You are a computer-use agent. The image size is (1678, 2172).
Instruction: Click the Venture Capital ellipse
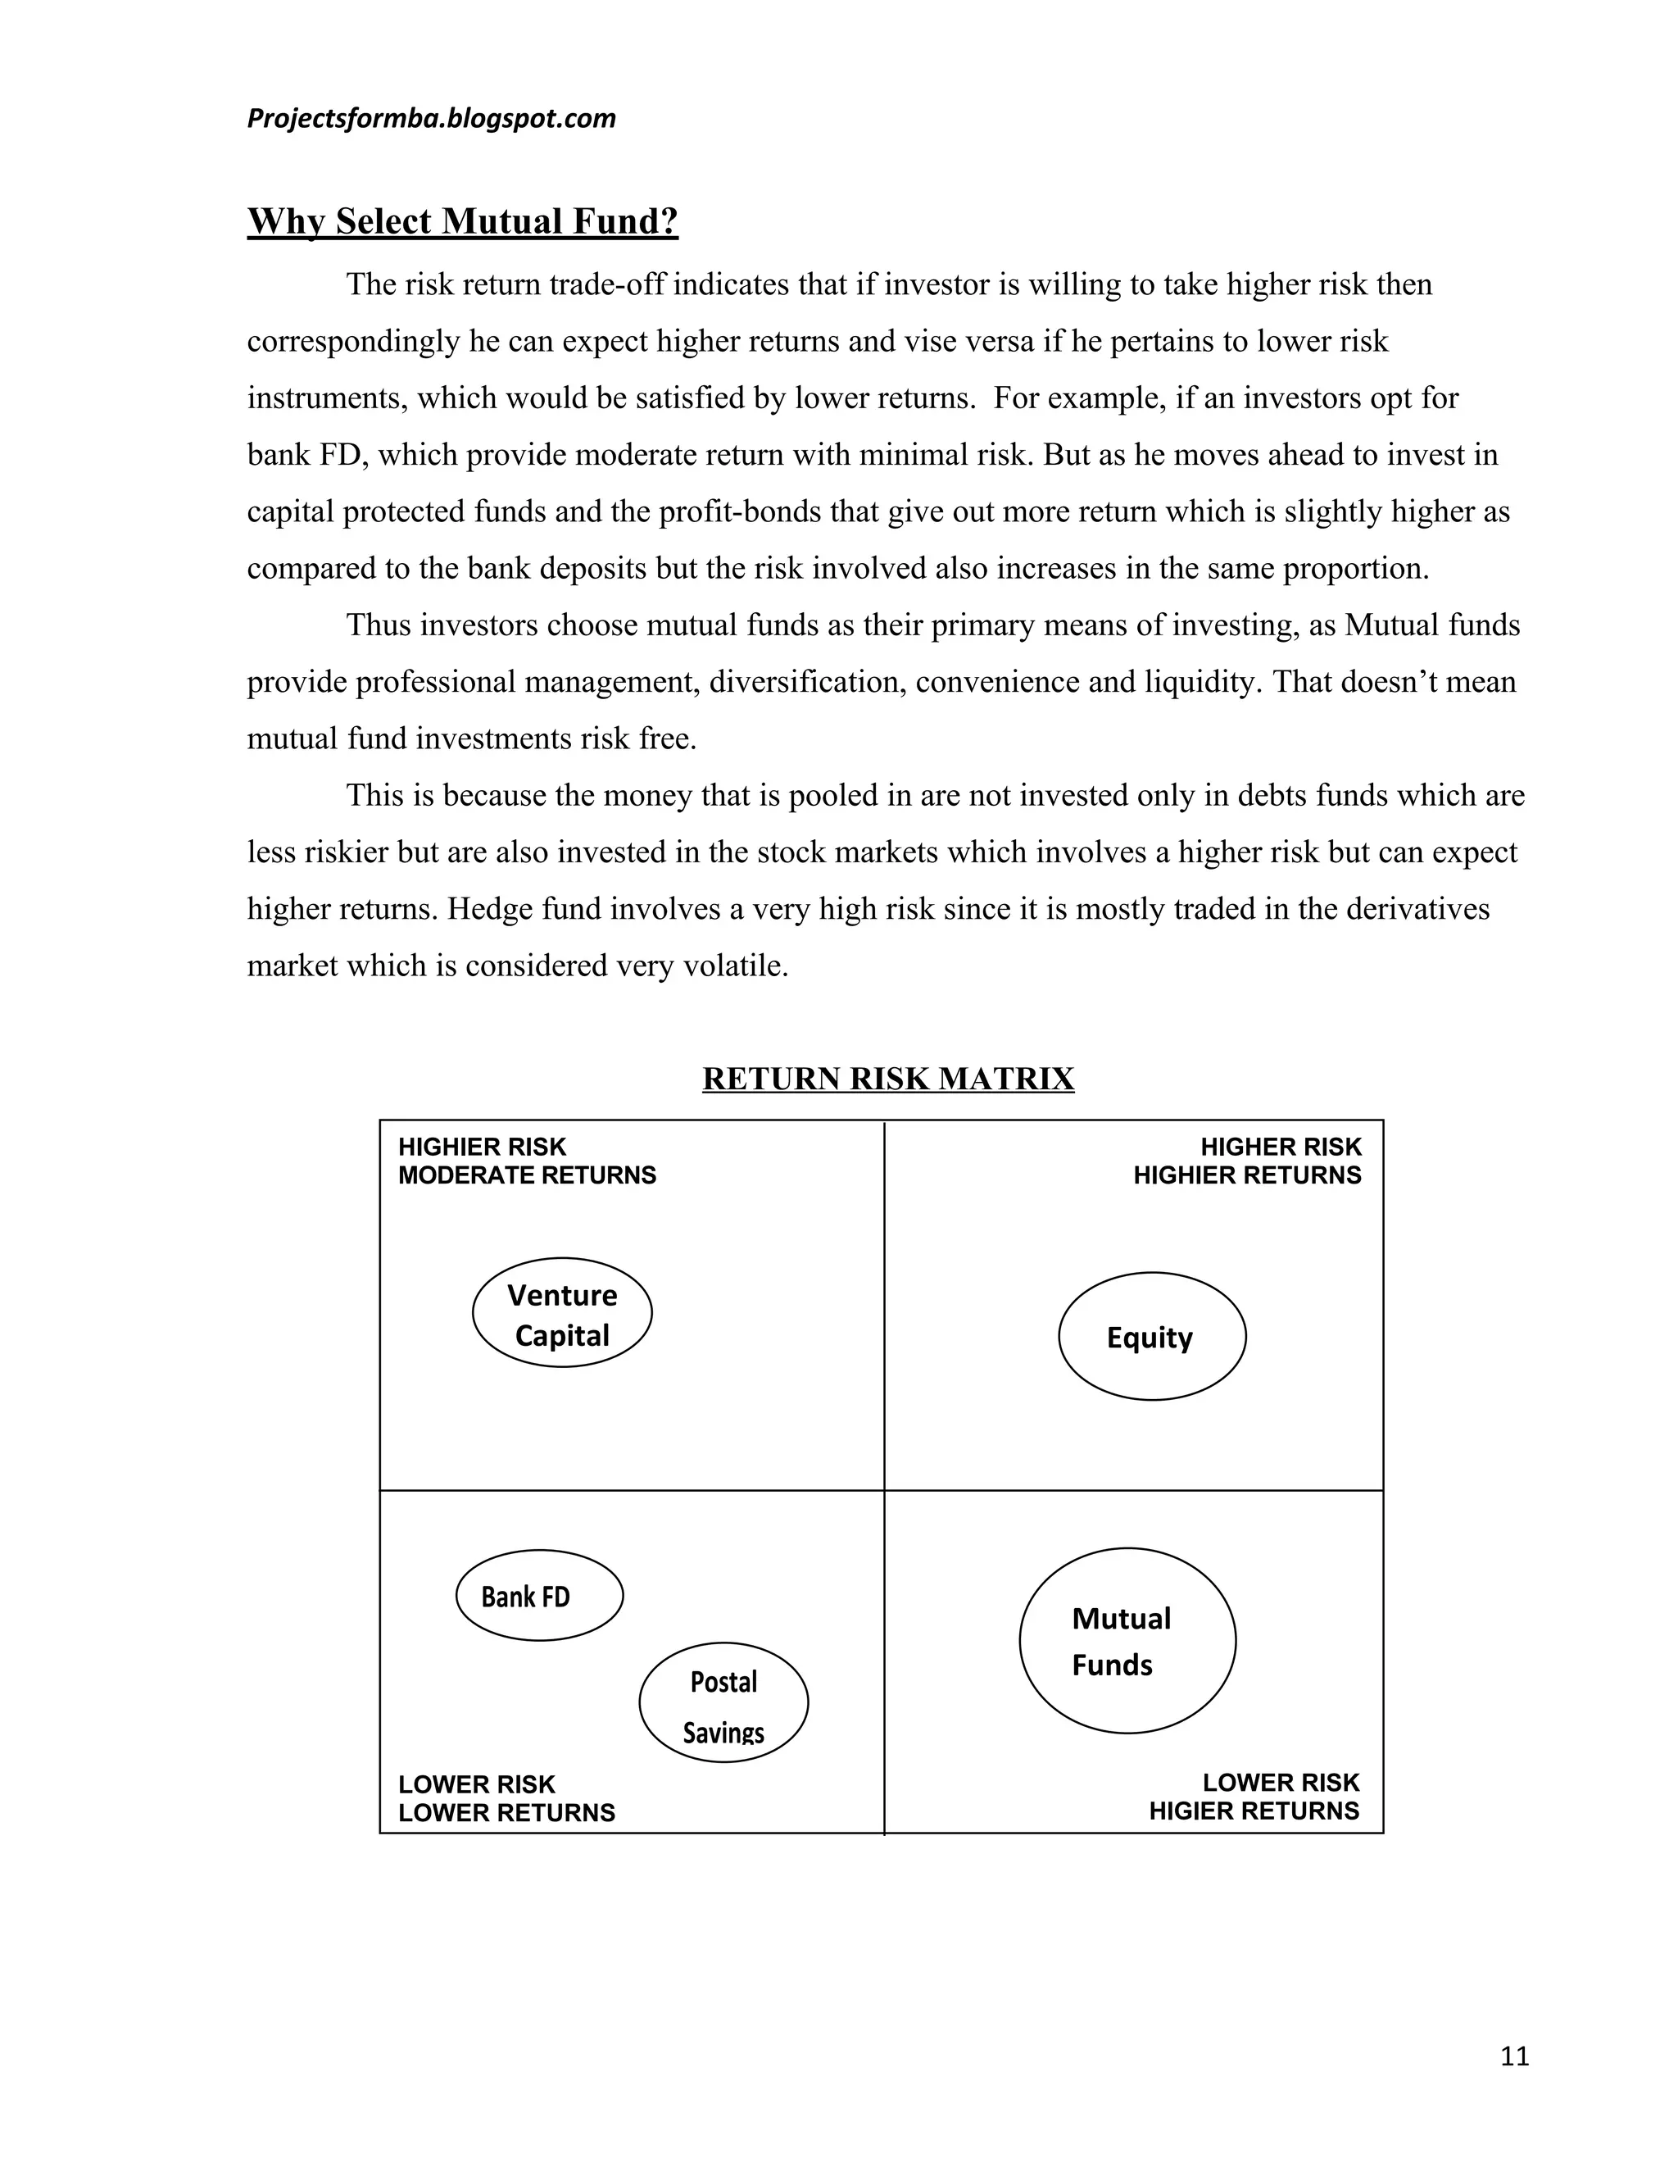561,1313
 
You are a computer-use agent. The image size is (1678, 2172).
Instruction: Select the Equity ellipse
1151,1337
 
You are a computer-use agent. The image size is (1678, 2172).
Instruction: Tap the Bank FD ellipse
539,1595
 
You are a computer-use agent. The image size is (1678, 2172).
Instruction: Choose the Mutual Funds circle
1127,1641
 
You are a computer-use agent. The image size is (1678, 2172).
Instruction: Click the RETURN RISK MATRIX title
887,1079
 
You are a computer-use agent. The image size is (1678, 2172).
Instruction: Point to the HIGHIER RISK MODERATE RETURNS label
527,1161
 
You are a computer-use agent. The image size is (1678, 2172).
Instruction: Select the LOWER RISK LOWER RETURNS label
506,1798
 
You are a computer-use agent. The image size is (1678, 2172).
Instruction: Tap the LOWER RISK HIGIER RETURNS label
1254,1796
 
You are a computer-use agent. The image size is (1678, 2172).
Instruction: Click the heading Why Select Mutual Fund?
462,220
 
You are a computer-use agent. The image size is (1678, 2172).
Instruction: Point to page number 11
1514,2056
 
